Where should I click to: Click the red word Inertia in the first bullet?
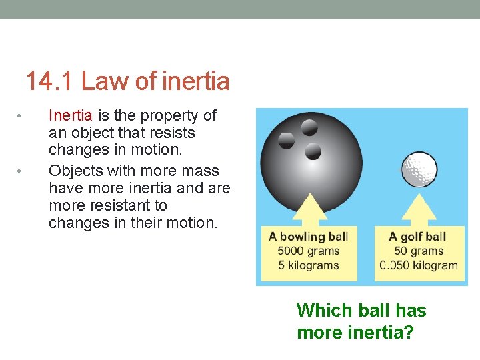[71, 115]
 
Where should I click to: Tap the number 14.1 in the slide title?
[50, 81]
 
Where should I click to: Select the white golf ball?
[420, 169]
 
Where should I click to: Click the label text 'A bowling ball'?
[308, 236]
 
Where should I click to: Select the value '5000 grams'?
[309, 251]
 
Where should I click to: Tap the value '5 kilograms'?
[309, 265]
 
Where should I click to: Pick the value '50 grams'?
[419, 251]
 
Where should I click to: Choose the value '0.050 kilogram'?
[419, 265]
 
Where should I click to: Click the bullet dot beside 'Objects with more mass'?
[21, 172]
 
